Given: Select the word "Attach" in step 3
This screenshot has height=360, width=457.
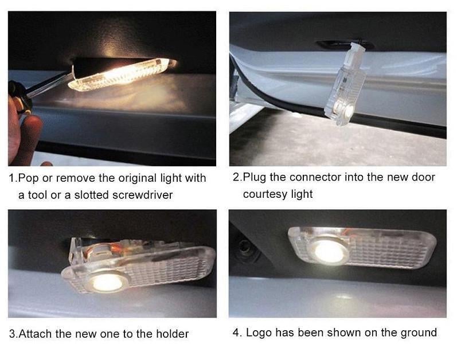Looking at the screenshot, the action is click(x=36, y=334).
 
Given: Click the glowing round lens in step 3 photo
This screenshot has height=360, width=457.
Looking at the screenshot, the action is click(x=107, y=282).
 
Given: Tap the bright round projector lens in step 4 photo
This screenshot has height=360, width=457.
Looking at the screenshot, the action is click(x=329, y=251).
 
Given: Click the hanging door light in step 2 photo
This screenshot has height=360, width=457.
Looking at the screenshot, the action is click(x=345, y=84).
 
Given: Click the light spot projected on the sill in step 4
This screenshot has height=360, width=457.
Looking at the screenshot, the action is click(x=344, y=297).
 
